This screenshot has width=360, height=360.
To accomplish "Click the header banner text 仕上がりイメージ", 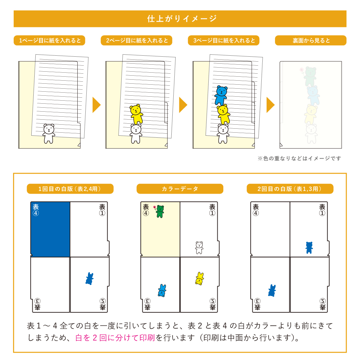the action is [182, 19].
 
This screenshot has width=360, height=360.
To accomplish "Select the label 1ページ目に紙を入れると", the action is [50, 40].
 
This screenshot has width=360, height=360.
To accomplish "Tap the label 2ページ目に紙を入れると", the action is [137, 40].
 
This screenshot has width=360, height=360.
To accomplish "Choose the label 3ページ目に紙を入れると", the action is [224, 40].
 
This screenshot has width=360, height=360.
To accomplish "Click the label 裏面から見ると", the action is [311, 40].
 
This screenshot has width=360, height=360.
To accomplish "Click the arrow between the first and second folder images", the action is [96, 105].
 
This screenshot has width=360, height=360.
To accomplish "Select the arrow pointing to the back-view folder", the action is [270, 105].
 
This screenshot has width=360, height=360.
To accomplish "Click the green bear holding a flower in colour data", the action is [159, 211].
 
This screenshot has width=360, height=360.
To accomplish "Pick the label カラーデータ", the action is [180, 189].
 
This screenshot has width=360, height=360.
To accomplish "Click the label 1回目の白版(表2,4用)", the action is [70, 189].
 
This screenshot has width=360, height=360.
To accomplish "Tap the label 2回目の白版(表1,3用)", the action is [290, 189].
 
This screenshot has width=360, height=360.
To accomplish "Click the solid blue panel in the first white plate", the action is [50, 229].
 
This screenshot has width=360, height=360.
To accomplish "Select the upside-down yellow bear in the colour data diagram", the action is [200, 278].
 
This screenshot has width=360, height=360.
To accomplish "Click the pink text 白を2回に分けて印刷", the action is [115, 338].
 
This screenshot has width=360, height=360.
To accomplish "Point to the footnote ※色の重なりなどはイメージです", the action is [299, 158].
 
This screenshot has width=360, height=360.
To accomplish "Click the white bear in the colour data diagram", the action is [199, 247].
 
